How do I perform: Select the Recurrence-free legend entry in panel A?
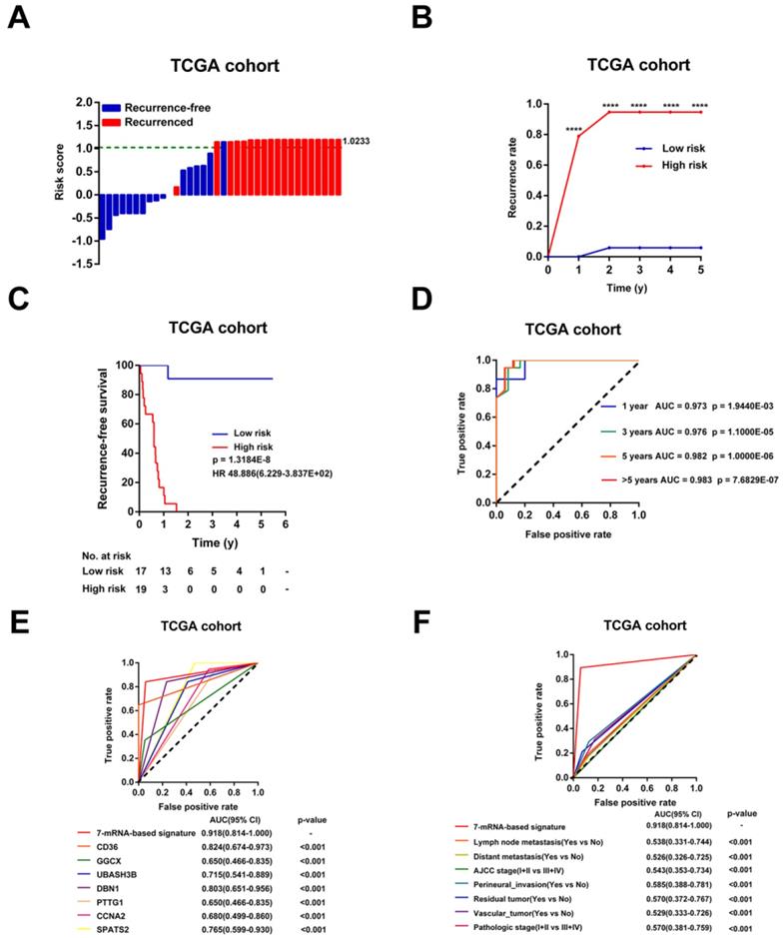pos(159,107)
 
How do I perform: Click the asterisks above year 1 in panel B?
pos(574,130)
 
